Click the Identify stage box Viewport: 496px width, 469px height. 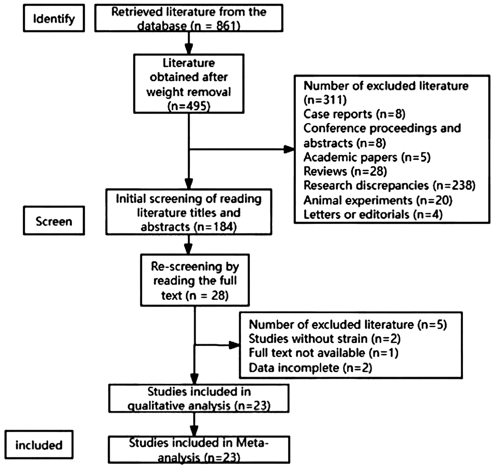54,18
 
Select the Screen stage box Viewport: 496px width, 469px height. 54,221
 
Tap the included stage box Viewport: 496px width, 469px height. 39,445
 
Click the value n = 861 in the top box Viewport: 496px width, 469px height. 215,26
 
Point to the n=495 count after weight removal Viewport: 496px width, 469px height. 189,106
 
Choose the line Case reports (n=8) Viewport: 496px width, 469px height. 354,114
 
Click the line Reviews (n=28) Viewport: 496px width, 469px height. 345,171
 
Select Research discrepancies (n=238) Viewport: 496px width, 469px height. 389,186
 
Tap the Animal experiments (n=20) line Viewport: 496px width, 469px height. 378,200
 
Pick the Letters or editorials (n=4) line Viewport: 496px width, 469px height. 373,214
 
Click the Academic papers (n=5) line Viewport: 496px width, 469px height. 367,157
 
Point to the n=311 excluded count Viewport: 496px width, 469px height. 325,100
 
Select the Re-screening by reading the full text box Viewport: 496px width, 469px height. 195,280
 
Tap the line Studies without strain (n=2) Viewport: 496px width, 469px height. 324,339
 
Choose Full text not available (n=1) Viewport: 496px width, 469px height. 323,353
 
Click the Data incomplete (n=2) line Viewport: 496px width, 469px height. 310,367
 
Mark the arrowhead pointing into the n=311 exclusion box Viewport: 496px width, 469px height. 289,149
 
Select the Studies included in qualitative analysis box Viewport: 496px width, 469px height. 199,398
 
